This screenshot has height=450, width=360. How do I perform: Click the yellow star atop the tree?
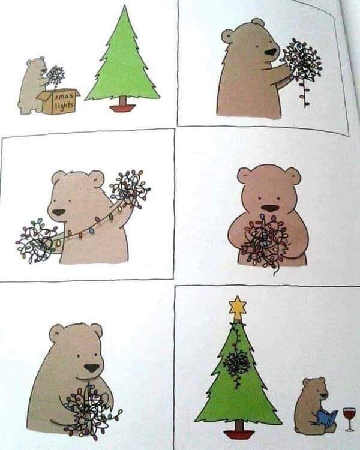click(238, 308)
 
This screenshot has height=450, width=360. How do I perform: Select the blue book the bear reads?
click(326, 416)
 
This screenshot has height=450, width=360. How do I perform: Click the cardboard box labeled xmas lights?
click(59, 101)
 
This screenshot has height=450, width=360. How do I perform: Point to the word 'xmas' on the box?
click(62, 96)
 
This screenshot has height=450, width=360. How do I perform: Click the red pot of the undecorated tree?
click(122, 108)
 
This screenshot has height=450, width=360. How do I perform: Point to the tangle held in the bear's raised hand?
click(129, 188)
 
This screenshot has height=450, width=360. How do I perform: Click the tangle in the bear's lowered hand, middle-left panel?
click(36, 240)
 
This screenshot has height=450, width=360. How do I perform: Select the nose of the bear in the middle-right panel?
click(271, 208)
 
